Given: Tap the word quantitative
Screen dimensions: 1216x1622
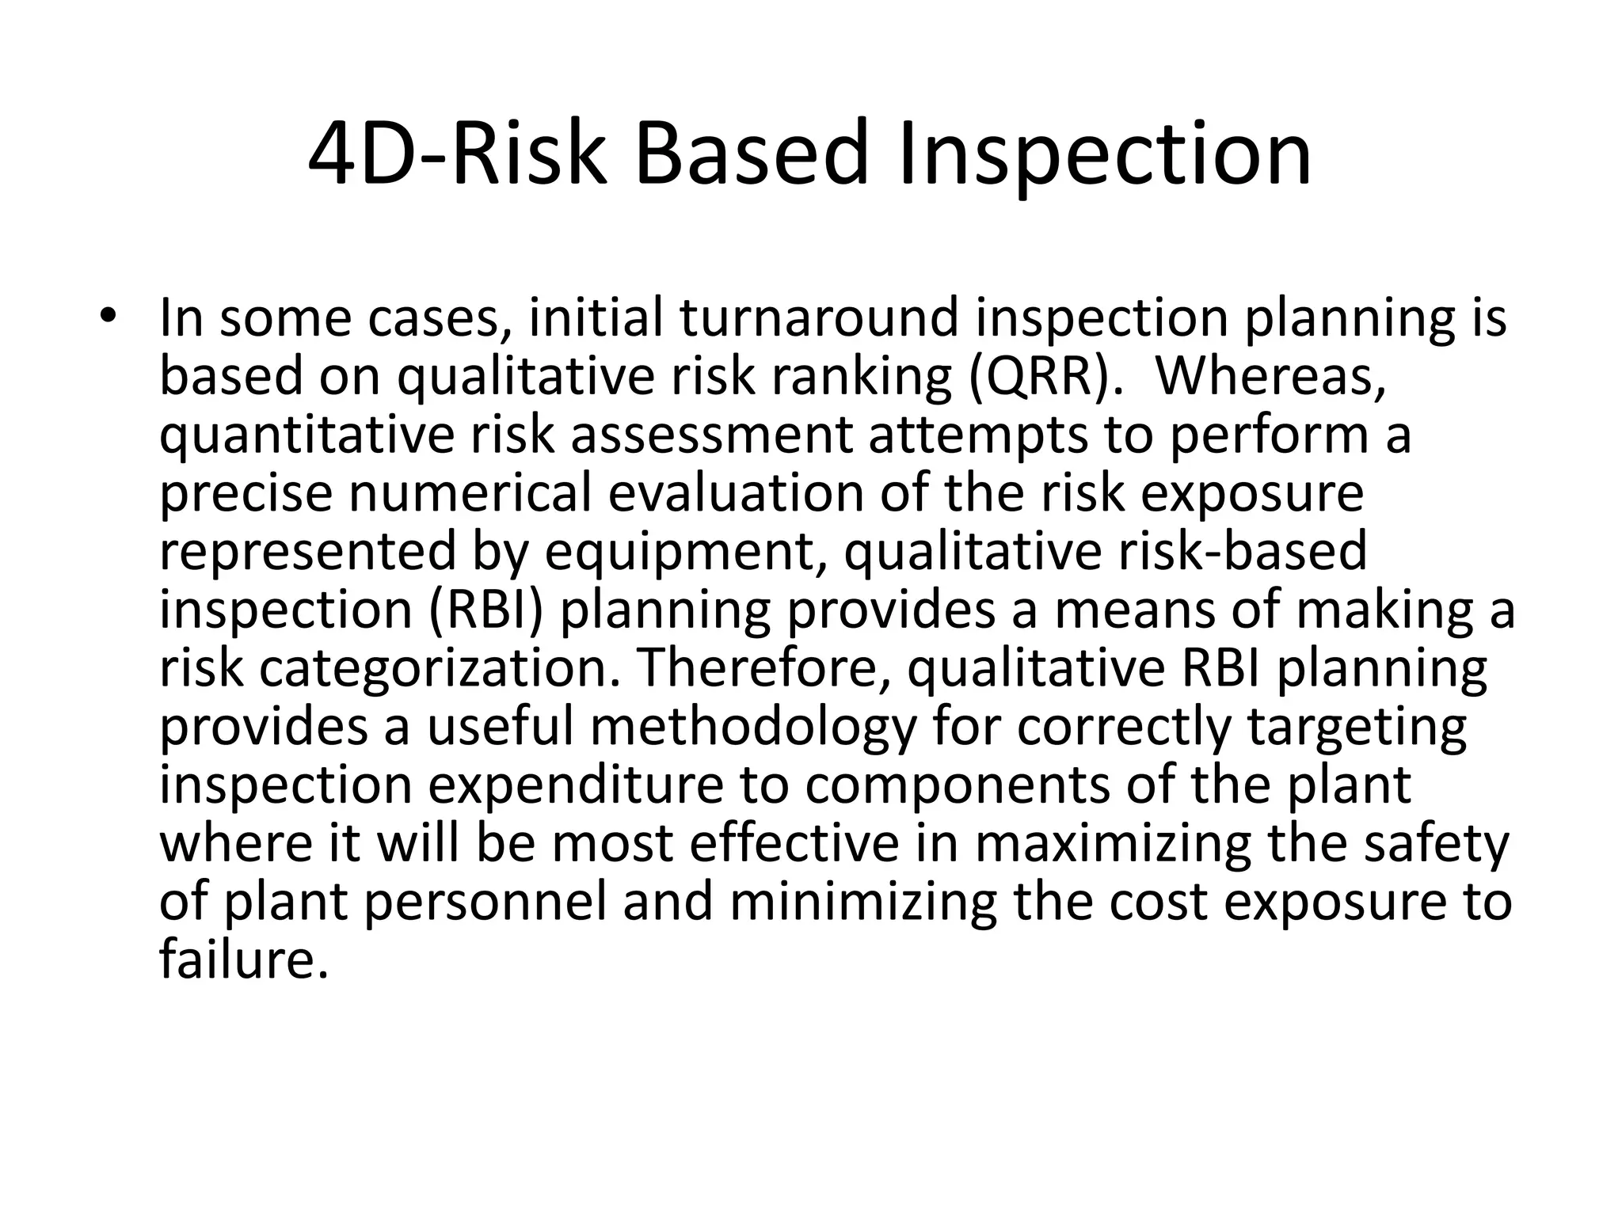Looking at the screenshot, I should click(x=307, y=435).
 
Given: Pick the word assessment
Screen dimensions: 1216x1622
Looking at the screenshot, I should click(x=711, y=435).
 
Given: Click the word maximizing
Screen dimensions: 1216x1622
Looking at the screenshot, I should click(x=1113, y=844).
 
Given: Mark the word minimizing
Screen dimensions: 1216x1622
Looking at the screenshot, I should click(x=863, y=902).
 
